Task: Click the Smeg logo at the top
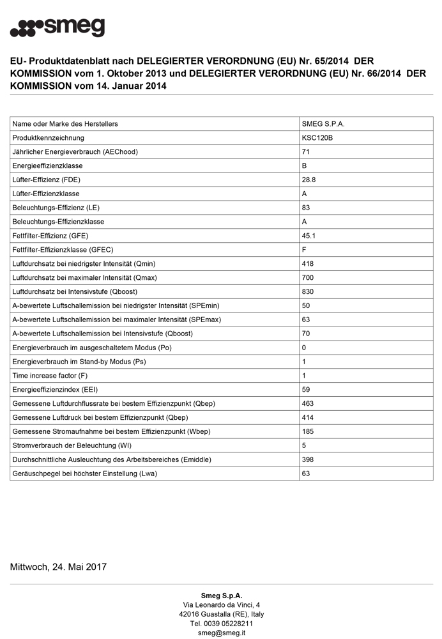point(57,27)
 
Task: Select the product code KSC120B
point(317,137)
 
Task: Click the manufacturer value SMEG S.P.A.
point(323,123)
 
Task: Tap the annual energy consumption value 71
point(306,151)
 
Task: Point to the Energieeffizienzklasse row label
point(52,166)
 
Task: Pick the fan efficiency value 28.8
point(309,180)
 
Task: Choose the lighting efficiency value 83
point(306,208)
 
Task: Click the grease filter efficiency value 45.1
point(309,236)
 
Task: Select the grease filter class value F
point(304,250)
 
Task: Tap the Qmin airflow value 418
point(308,263)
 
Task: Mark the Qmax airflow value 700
point(308,277)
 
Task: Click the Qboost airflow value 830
point(308,291)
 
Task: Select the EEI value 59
point(306,390)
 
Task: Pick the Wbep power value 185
point(308,431)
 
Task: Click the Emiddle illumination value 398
point(308,459)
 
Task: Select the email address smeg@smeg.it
point(221,633)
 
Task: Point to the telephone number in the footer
point(221,623)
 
